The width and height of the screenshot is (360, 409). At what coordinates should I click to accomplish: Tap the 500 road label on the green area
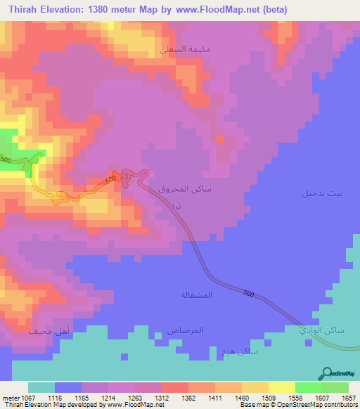[x=6, y=160]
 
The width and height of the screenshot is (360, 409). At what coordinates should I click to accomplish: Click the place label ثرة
[x=176, y=205]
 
